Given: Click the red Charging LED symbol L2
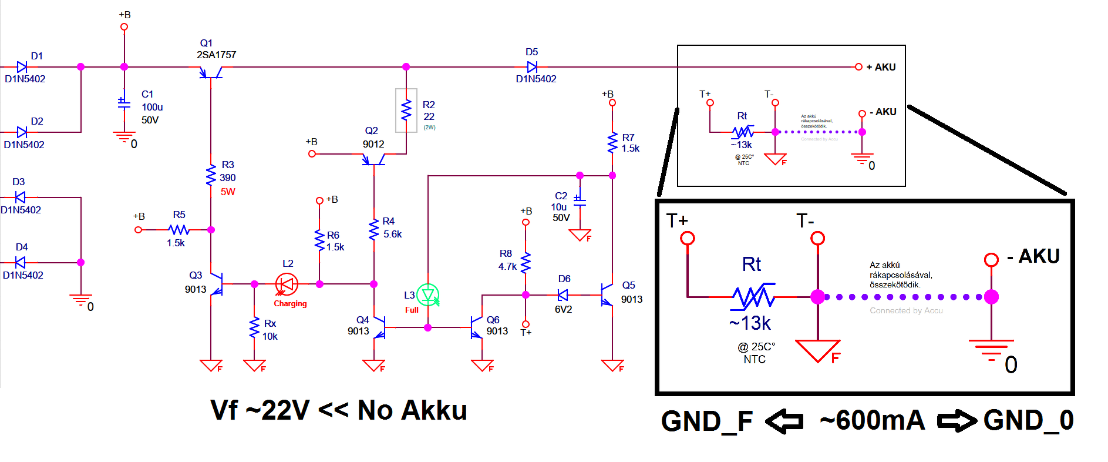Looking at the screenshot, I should (x=287, y=284).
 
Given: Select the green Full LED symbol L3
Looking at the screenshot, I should (x=428, y=295).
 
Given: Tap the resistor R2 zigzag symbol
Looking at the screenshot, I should (x=406, y=110).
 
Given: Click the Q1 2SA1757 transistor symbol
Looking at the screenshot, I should (x=210, y=72).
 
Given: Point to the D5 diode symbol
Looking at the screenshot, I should (x=532, y=67).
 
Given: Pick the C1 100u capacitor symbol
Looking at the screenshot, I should (x=124, y=102).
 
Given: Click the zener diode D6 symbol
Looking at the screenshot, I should (x=563, y=295).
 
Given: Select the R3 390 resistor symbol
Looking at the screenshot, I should (x=211, y=176).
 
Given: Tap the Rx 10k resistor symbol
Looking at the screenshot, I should (x=254, y=328).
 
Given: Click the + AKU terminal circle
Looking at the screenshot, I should (x=858, y=67).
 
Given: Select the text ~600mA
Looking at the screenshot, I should (x=872, y=421).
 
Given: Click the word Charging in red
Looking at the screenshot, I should (x=290, y=304).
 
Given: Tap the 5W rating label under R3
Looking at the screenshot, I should (x=228, y=192).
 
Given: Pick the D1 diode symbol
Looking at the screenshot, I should (x=22, y=67).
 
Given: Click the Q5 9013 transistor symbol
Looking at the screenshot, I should (x=607, y=295).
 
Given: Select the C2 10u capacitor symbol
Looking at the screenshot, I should (x=580, y=201).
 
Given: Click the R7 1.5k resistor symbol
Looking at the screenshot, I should (x=612, y=143).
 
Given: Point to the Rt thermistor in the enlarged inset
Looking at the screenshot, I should (x=753, y=297).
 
